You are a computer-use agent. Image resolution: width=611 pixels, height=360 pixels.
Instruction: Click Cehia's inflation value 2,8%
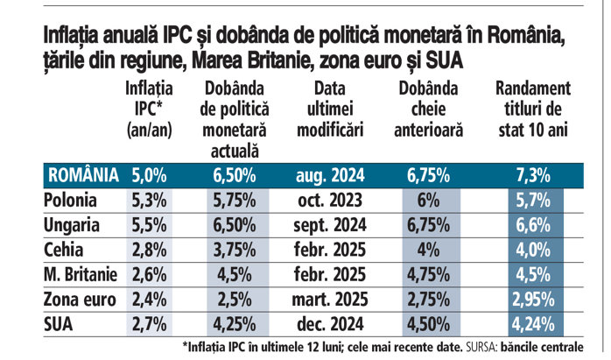149,250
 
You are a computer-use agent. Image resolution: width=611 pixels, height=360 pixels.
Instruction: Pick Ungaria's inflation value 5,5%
149,225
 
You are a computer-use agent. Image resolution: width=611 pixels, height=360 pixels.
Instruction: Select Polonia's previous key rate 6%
429,201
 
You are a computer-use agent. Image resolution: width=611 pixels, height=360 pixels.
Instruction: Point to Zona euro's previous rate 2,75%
429,299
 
